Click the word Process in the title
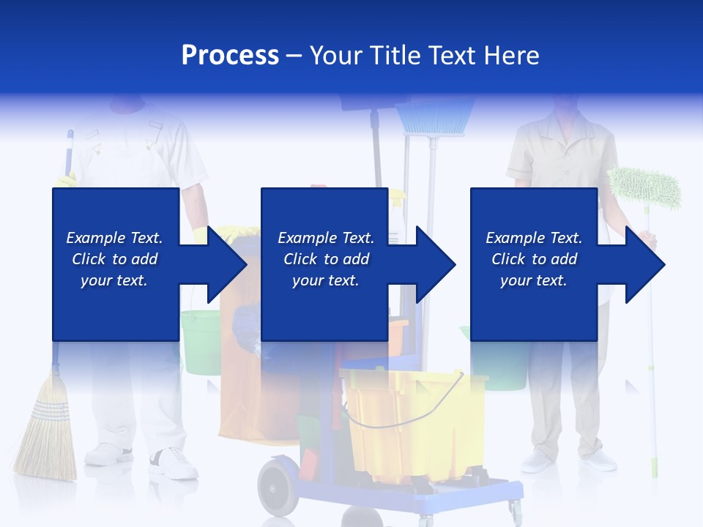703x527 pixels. (230, 56)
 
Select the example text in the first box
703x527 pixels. (114, 259)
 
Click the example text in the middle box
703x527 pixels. (325, 259)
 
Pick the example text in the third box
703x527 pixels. (533, 259)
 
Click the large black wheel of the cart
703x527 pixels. (278, 486)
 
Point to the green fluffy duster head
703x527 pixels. (644, 187)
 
